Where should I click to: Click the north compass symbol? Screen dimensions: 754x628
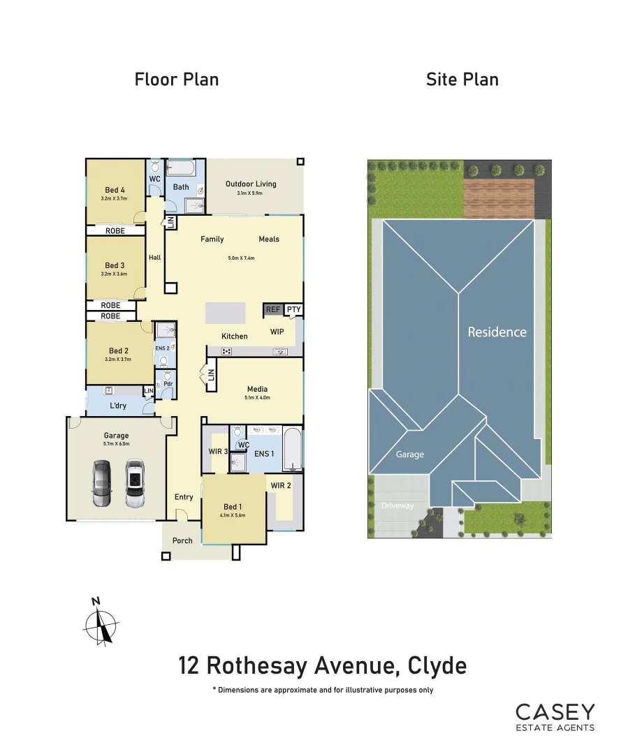[x=102, y=621]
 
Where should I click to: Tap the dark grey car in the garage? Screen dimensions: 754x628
[x=102, y=483]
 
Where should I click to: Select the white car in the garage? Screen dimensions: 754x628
[x=135, y=482]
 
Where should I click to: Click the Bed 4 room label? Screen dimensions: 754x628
[x=115, y=190]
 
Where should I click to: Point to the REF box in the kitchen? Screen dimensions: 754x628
[x=272, y=309]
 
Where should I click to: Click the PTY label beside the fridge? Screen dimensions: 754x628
[x=293, y=309]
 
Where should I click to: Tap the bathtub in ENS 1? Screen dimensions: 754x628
[x=293, y=452]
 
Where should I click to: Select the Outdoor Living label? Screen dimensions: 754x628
[x=251, y=184]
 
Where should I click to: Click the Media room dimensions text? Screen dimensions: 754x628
[x=257, y=398]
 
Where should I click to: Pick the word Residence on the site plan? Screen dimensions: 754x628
[x=497, y=332]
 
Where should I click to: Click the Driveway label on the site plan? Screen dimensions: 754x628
[x=397, y=505]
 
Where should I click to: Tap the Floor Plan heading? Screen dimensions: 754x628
[x=177, y=80]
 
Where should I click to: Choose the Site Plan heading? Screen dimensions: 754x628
[x=462, y=80]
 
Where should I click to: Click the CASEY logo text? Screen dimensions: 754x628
[x=555, y=712]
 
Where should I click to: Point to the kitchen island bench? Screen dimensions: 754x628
[x=225, y=312]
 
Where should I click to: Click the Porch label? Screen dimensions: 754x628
[x=182, y=540]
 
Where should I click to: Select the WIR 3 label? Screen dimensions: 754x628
[x=219, y=452]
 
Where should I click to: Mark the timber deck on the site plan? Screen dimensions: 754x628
[x=499, y=198]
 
